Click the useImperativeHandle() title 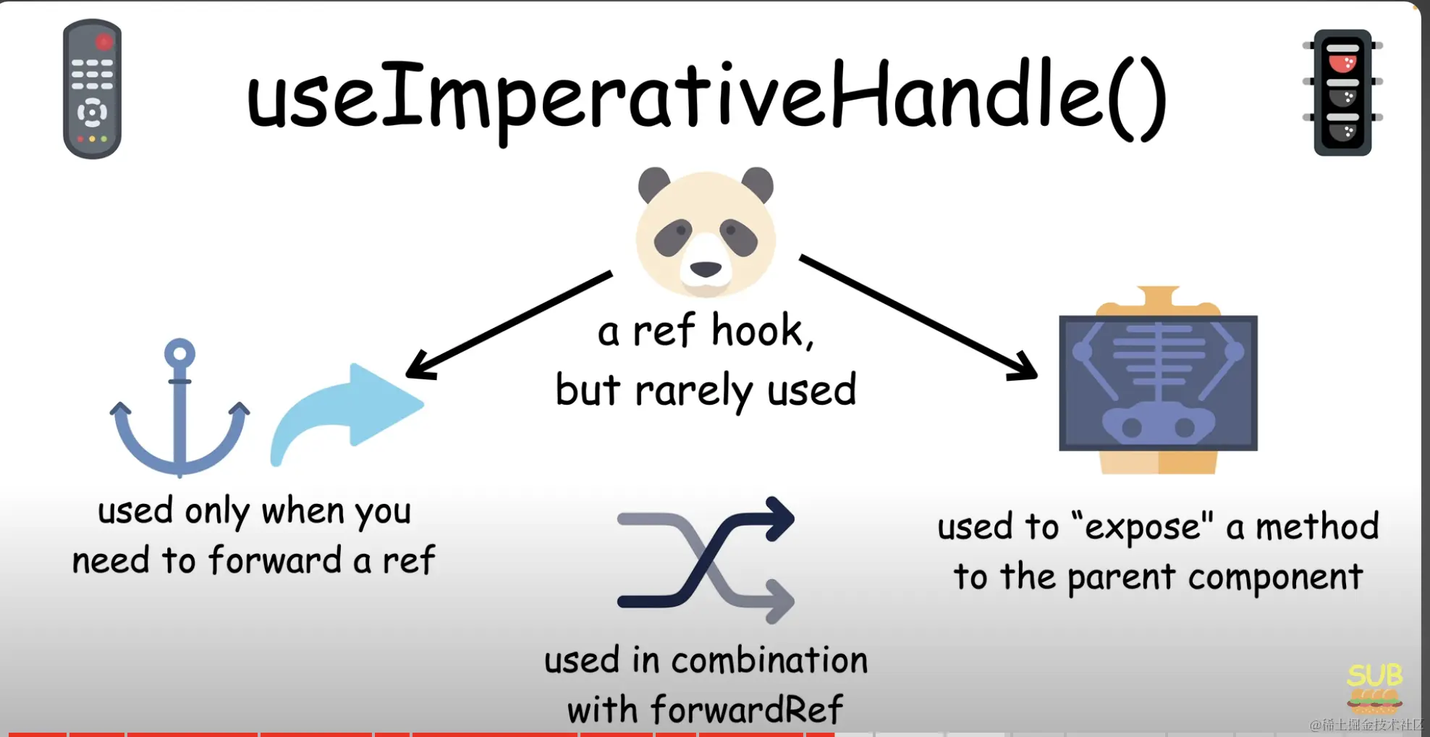point(706,100)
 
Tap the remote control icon point(92,89)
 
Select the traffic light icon point(1342,92)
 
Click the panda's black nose point(706,269)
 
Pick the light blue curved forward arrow point(347,413)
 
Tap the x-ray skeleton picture point(1158,380)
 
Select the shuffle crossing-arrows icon point(706,560)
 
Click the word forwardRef point(747,709)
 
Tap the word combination point(769,660)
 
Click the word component point(1275,578)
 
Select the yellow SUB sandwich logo point(1374,688)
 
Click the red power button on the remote point(104,42)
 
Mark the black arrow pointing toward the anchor point(509,325)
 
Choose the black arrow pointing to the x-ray point(918,317)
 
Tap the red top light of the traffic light point(1342,61)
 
